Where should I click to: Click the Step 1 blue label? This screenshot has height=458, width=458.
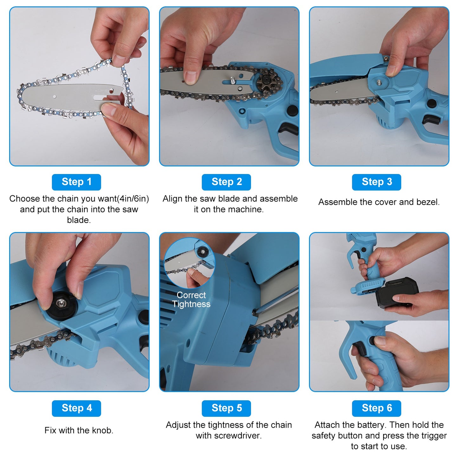click(x=76, y=182)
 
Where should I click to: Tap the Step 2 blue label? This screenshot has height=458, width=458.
click(x=226, y=182)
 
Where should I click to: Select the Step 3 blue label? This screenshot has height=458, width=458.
click(x=377, y=182)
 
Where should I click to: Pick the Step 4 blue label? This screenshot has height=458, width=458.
click(x=76, y=408)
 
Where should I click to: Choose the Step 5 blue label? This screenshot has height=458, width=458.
click(x=226, y=408)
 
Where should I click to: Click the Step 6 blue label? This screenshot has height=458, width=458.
click(x=377, y=408)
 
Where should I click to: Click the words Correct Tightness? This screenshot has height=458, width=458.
click(x=191, y=300)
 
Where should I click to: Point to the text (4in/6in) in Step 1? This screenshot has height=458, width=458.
click(x=133, y=199)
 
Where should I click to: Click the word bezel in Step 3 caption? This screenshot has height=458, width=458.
click(x=428, y=202)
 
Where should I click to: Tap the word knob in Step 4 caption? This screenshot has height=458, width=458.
click(x=102, y=430)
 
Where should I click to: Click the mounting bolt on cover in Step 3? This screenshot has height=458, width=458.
click(x=379, y=83)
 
